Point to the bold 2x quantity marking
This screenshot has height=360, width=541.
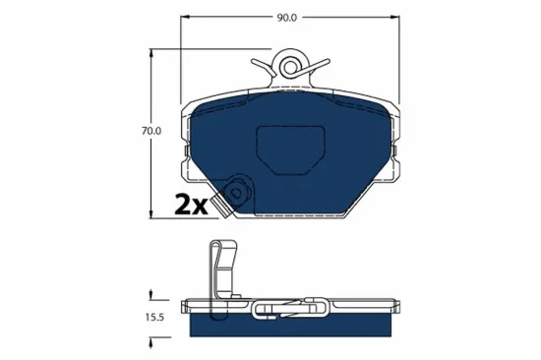pos(192,206)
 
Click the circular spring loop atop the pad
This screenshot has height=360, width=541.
pos(293,66)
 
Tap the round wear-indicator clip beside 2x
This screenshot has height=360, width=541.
pos(237,192)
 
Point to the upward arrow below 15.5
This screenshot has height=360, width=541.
pos(150,340)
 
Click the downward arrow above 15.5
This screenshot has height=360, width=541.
pos(150,293)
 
